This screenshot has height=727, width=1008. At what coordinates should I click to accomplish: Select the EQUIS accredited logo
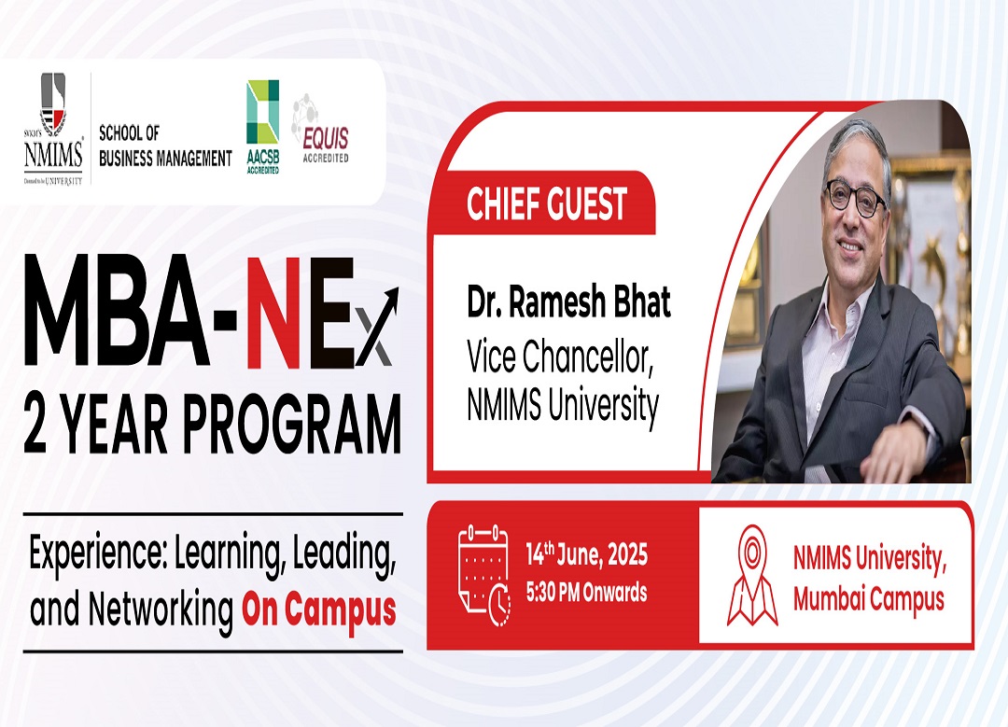[321, 129]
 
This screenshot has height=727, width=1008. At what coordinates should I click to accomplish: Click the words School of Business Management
[165, 146]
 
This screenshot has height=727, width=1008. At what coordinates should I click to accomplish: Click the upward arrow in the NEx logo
[378, 326]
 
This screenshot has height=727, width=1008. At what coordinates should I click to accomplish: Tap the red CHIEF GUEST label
[546, 203]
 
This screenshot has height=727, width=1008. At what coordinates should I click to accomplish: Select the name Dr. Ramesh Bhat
[568, 302]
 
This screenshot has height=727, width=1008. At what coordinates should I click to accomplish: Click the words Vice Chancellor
[560, 357]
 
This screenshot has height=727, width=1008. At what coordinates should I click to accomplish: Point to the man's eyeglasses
[856, 197]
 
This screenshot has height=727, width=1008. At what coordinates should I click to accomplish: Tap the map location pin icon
[752, 575]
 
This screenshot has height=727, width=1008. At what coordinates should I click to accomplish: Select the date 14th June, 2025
[586, 554]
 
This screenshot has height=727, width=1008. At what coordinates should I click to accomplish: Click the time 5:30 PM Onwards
[586, 592]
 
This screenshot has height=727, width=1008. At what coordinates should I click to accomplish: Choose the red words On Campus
[319, 610]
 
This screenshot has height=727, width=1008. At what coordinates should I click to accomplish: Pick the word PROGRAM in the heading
[292, 425]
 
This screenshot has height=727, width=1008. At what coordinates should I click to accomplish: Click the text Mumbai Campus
[869, 599]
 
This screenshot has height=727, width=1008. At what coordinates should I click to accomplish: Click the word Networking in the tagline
[161, 609]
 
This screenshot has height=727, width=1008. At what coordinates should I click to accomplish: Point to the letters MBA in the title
[117, 312]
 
